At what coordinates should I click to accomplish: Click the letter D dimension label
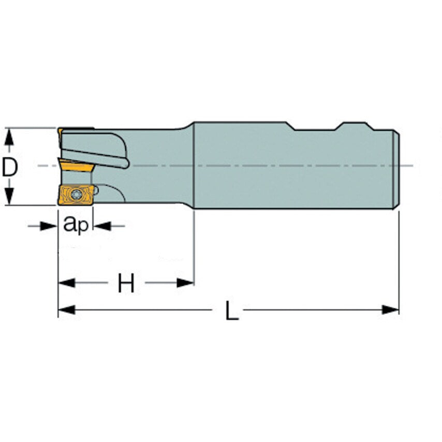(10, 167)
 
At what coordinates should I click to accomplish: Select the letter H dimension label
(126, 283)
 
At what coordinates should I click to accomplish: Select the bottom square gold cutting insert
(76, 196)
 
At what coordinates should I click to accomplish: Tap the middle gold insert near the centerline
(75, 167)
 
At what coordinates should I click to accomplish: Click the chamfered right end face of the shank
(396, 168)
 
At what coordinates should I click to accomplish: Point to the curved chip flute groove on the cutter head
(104, 153)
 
